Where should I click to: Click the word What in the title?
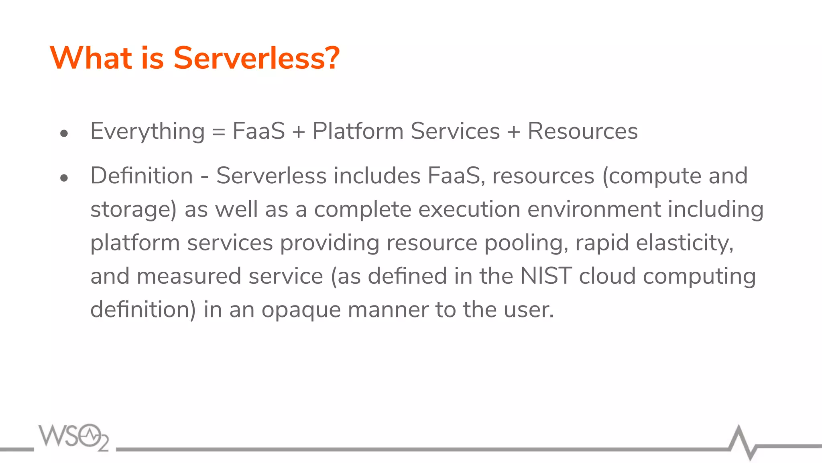tap(91, 58)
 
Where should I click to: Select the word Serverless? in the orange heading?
tap(256, 58)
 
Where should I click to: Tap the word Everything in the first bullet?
tap(147, 131)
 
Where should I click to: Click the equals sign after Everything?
tap(218, 132)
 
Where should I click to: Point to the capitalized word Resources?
tap(582, 131)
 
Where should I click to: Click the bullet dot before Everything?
tap(64, 133)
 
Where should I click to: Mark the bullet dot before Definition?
tap(64, 178)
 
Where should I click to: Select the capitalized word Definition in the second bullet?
tap(142, 176)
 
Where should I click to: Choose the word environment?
tap(594, 209)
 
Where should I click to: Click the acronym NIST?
tap(545, 276)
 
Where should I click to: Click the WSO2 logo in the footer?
tap(74, 437)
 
